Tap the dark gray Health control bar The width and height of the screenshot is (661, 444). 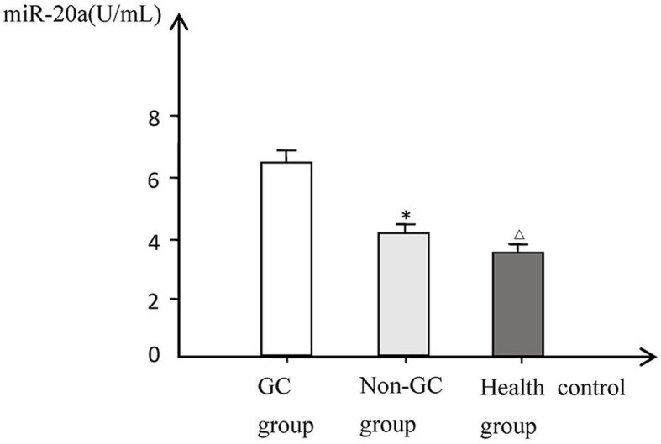pyautogui.click(x=517, y=303)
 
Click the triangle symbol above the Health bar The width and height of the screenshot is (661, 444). pyautogui.click(x=519, y=234)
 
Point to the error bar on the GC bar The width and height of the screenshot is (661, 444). pyautogui.click(x=286, y=155)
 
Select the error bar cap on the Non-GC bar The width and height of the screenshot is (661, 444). pyautogui.click(x=406, y=225)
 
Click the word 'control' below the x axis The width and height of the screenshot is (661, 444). pyautogui.click(x=593, y=389)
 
